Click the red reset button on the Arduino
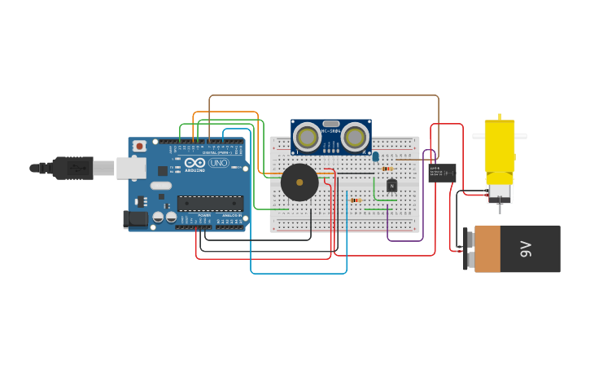point(140,146)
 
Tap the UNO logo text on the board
point(219,163)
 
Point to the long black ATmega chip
point(210,203)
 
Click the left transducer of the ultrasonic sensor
point(307,136)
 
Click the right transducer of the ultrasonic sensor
point(355,136)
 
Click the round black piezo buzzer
point(299,182)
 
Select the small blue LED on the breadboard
point(376,156)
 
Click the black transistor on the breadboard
point(391,186)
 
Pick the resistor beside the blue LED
point(387,169)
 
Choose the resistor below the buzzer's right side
point(356,200)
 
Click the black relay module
point(442,173)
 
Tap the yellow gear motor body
point(500,147)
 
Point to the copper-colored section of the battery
point(487,249)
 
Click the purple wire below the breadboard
point(404,240)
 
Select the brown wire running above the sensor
point(326,95)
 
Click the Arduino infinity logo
point(194,163)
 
